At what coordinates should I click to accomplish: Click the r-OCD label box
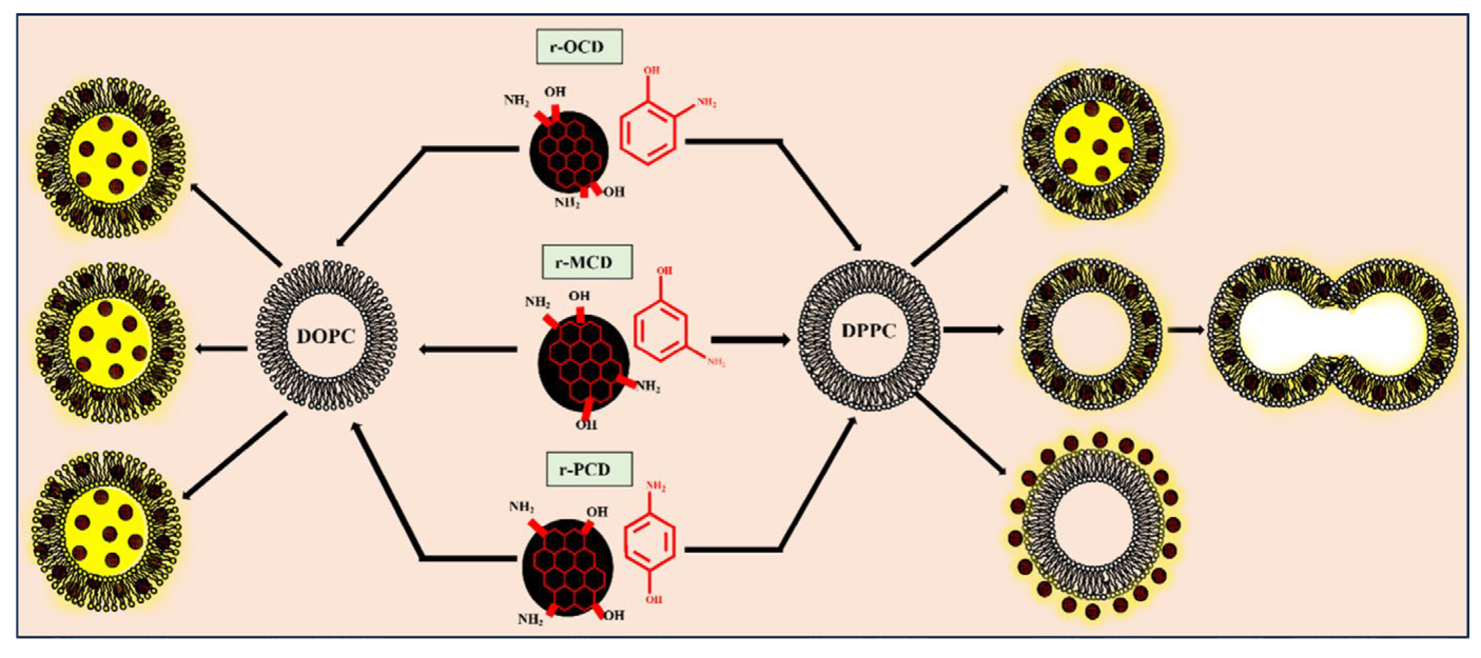coord(579,46)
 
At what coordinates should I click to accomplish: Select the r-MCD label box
coord(586,262)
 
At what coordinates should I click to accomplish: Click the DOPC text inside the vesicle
coord(326,336)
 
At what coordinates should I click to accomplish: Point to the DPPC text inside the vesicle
coord(869,331)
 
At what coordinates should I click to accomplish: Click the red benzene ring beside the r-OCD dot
coord(648,133)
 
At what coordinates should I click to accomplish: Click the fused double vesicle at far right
coord(1332,334)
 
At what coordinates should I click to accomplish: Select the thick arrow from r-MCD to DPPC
coord(750,340)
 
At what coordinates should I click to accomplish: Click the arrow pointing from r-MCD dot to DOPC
coord(468,349)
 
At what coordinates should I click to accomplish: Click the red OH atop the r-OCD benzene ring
coord(651,70)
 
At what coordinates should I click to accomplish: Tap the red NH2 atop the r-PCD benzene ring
coord(656,487)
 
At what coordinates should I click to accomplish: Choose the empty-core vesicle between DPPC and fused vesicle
coord(1091,334)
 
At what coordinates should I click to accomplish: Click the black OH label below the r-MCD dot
coord(586,425)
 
